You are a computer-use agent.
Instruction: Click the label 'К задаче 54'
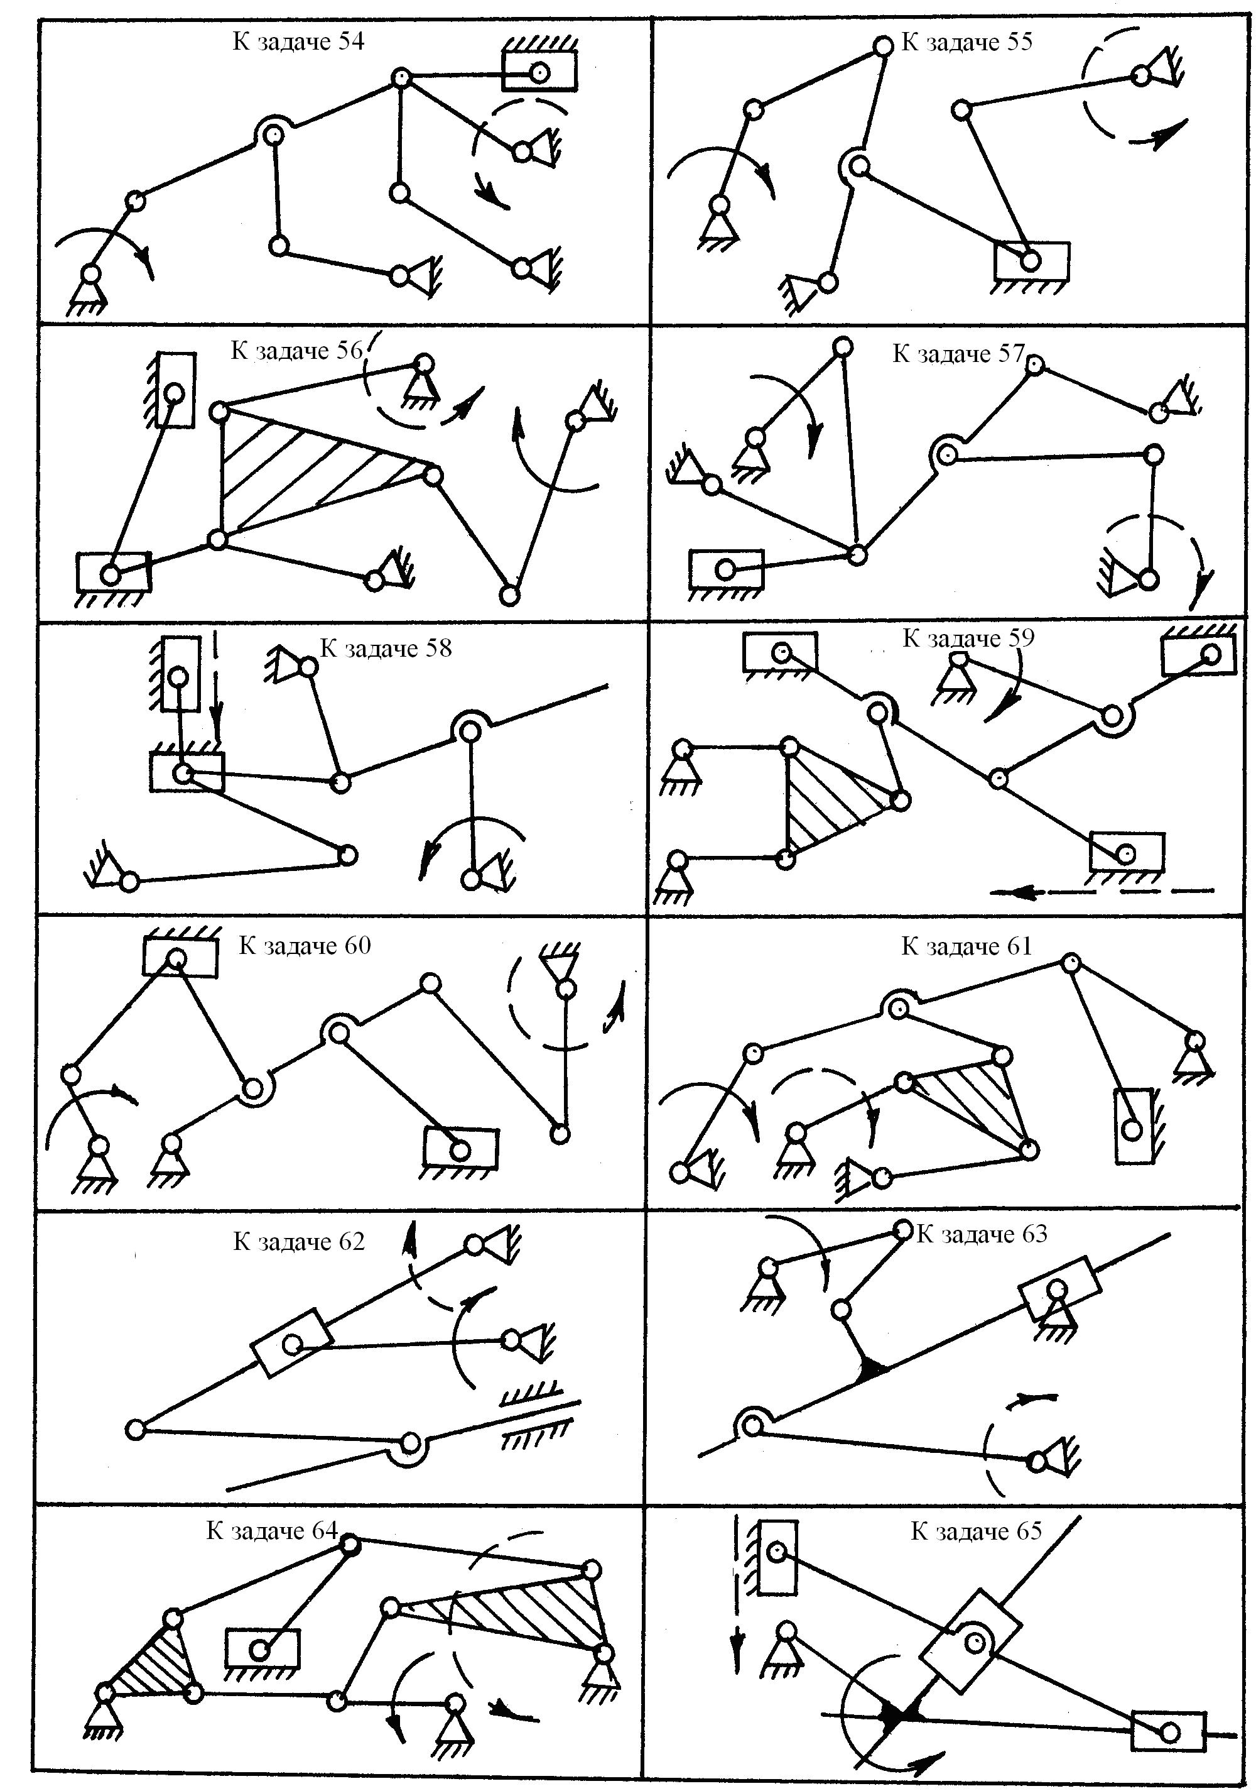pyautogui.click(x=298, y=41)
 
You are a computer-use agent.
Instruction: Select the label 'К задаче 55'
pyautogui.click(x=966, y=42)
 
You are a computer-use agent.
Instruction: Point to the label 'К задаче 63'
pyautogui.click(x=982, y=1234)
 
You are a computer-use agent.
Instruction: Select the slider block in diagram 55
pyautogui.click(x=1031, y=261)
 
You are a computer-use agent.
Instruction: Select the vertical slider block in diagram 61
pyautogui.click(x=1133, y=1127)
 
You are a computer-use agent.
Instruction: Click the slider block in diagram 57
pyautogui.click(x=727, y=569)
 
